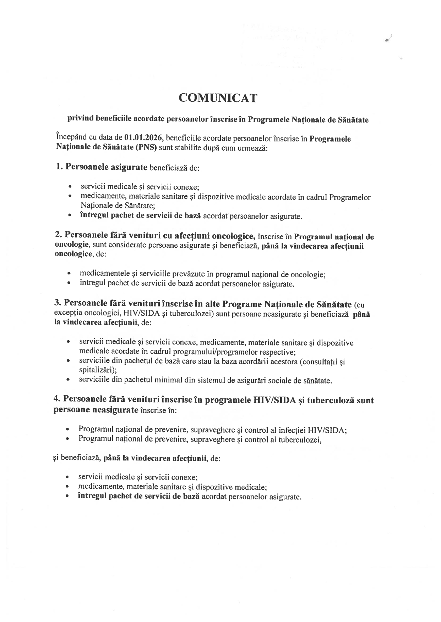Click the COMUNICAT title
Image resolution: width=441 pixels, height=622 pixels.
[x=218, y=98]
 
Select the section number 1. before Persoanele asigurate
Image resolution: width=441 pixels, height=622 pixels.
[x=59, y=167]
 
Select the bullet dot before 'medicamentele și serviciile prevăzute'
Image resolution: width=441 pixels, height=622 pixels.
[x=69, y=274]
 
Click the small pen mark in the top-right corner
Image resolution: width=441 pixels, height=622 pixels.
[x=388, y=39]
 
